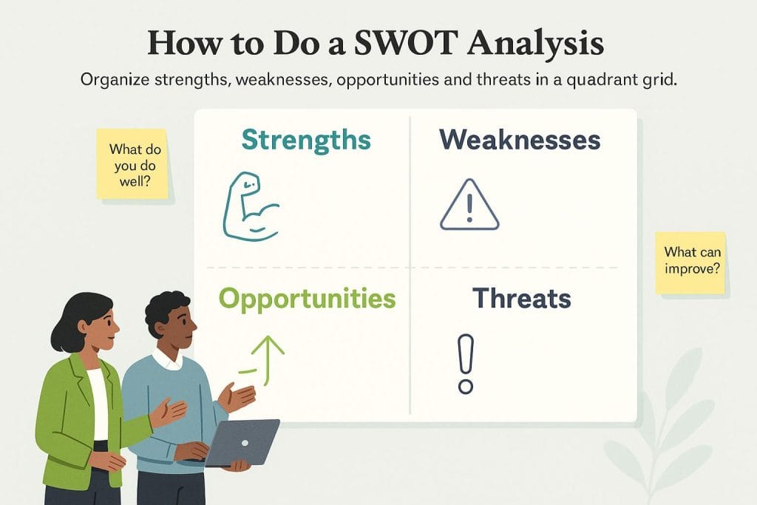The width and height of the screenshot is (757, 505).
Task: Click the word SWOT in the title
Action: pos(405,42)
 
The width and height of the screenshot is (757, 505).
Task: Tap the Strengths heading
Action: pos(306,140)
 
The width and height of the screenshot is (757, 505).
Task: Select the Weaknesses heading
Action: pos(520,140)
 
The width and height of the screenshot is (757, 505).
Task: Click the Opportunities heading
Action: pos(307,299)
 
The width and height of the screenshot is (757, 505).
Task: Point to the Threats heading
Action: pos(521,299)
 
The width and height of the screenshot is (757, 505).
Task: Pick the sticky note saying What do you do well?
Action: pos(132,164)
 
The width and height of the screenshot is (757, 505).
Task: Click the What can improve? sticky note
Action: pos(690,262)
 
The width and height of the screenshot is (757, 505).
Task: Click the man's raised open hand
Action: pos(237,397)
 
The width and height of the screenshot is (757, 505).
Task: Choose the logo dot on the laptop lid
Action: pos(245,443)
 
